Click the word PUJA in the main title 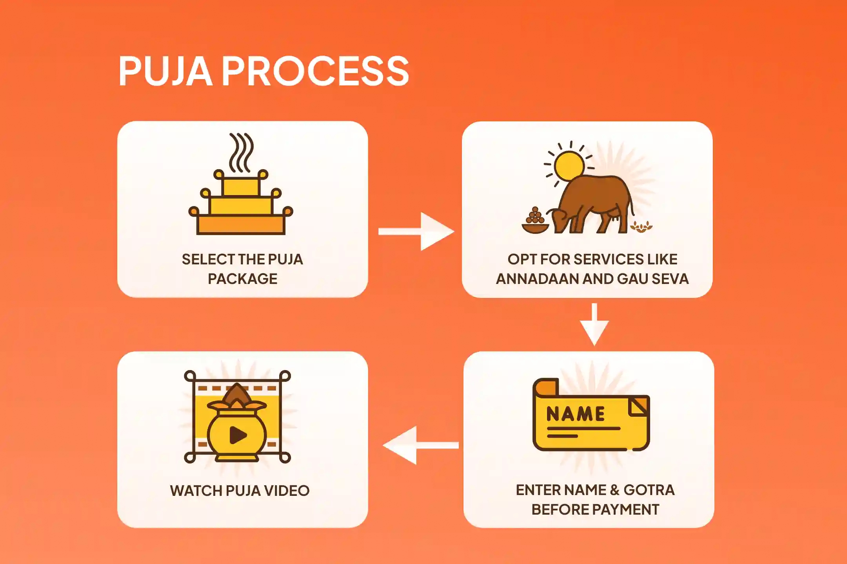tap(165, 71)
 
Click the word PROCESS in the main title tap(316, 71)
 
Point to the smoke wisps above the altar tap(241, 153)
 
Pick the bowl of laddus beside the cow tap(535, 222)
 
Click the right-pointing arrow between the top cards tap(416, 231)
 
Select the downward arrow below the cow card tap(594, 324)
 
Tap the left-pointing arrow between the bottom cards tap(420, 445)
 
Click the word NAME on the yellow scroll tap(575, 414)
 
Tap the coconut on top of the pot tap(237, 395)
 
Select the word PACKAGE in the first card tap(242, 279)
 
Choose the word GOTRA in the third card tap(649, 490)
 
